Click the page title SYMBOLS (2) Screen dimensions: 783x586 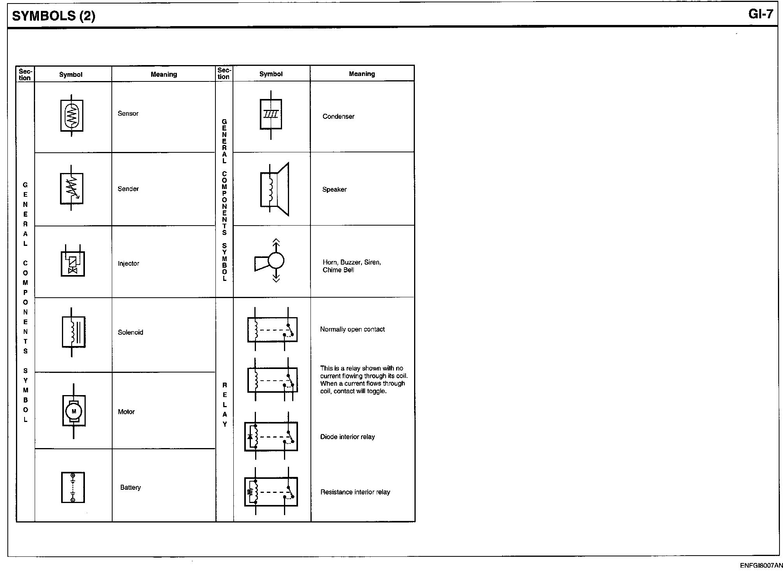pyautogui.click(x=54, y=16)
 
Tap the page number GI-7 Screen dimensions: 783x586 pyautogui.click(x=760, y=14)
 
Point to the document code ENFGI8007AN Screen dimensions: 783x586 pyautogui.click(x=761, y=565)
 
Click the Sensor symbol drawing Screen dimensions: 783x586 pyautogui.click(x=72, y=115)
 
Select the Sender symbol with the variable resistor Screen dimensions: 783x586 pyautogui.click(x=72, y=188)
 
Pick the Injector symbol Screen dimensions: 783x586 pyautogui.click(x=72, y=261)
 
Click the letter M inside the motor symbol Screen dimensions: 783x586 pyautogui.click(x=74, y=411)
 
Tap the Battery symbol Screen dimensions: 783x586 pyautogui.click(x=73, y=487)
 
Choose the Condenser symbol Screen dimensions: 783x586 pyautogui.click(x=271, y=115)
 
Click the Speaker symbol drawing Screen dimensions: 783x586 pyautogui.click(x=275, y=189)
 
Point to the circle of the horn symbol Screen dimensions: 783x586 pyautogui.click(x=276, y=261)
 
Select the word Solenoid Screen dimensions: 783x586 pyautogui.click(x=130, y=332)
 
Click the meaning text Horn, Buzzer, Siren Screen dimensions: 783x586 pyautogui.click(x=352, y=262)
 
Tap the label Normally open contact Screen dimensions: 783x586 pyautogui.click(x=353, y=329)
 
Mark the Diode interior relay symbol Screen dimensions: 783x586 pyautogui.click(x=271, y=436)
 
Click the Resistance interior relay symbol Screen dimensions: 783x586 pyautogui.click(x=271, y=491)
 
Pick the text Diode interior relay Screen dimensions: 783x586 pyautogui.click(x=347, y=437)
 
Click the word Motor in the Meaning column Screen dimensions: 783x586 pyautogui.click(x=126, y=412)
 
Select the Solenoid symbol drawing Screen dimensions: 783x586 pyautogui.click(x=73, y=332)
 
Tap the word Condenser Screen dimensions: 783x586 pyautogui.click(x=339, y=116)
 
